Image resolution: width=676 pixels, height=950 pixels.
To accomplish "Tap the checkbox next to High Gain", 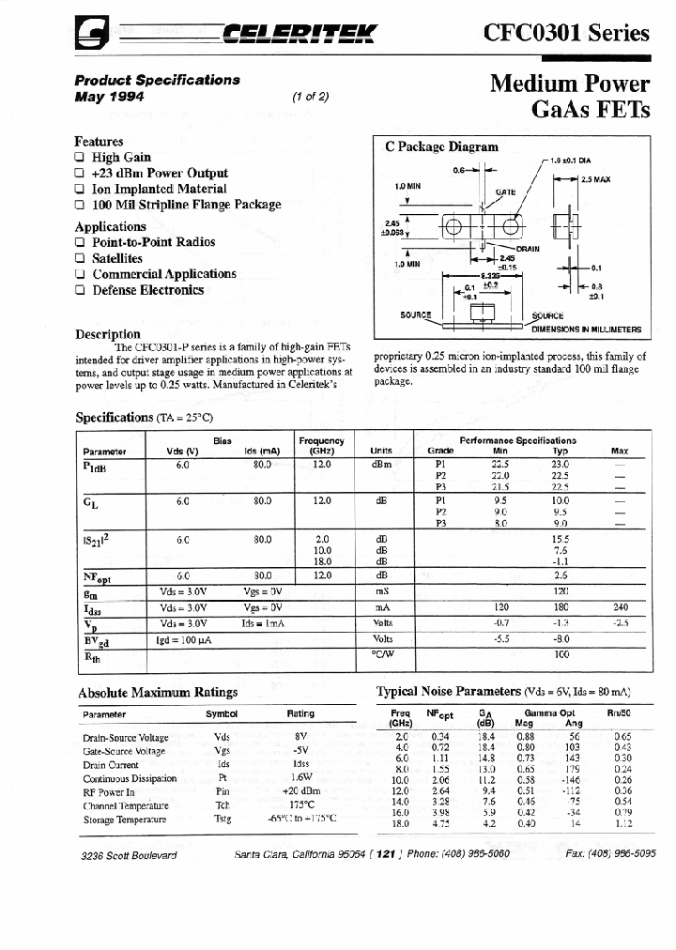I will tap(80, 158).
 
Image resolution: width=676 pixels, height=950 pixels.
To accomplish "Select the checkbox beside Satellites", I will tap(80, 258).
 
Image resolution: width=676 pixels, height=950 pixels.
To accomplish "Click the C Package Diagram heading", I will tap(441, 146).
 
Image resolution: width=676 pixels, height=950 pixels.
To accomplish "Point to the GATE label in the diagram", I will tap(506, 191).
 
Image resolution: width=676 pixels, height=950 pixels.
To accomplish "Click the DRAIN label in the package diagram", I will tap(527, 249).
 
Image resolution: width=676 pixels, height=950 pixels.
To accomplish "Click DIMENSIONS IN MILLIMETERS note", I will tap(586, 329).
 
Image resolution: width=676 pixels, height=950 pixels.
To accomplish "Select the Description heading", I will tap(107, 334).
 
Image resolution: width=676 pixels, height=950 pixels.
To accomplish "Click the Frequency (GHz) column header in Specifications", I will tap(321, 445).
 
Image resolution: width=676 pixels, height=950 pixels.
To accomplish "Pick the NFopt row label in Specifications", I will tap(97, 576).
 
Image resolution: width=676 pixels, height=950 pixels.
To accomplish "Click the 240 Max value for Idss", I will tap(620, 607).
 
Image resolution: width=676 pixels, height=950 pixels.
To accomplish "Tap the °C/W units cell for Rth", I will tap(381, 653).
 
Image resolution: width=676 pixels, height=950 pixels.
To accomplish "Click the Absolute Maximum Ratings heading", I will tap(157, 693).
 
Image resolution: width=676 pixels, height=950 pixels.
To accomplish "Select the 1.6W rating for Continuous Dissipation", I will tap(300, 778).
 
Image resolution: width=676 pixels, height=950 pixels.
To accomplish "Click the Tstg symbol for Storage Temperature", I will tap(222, 819).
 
